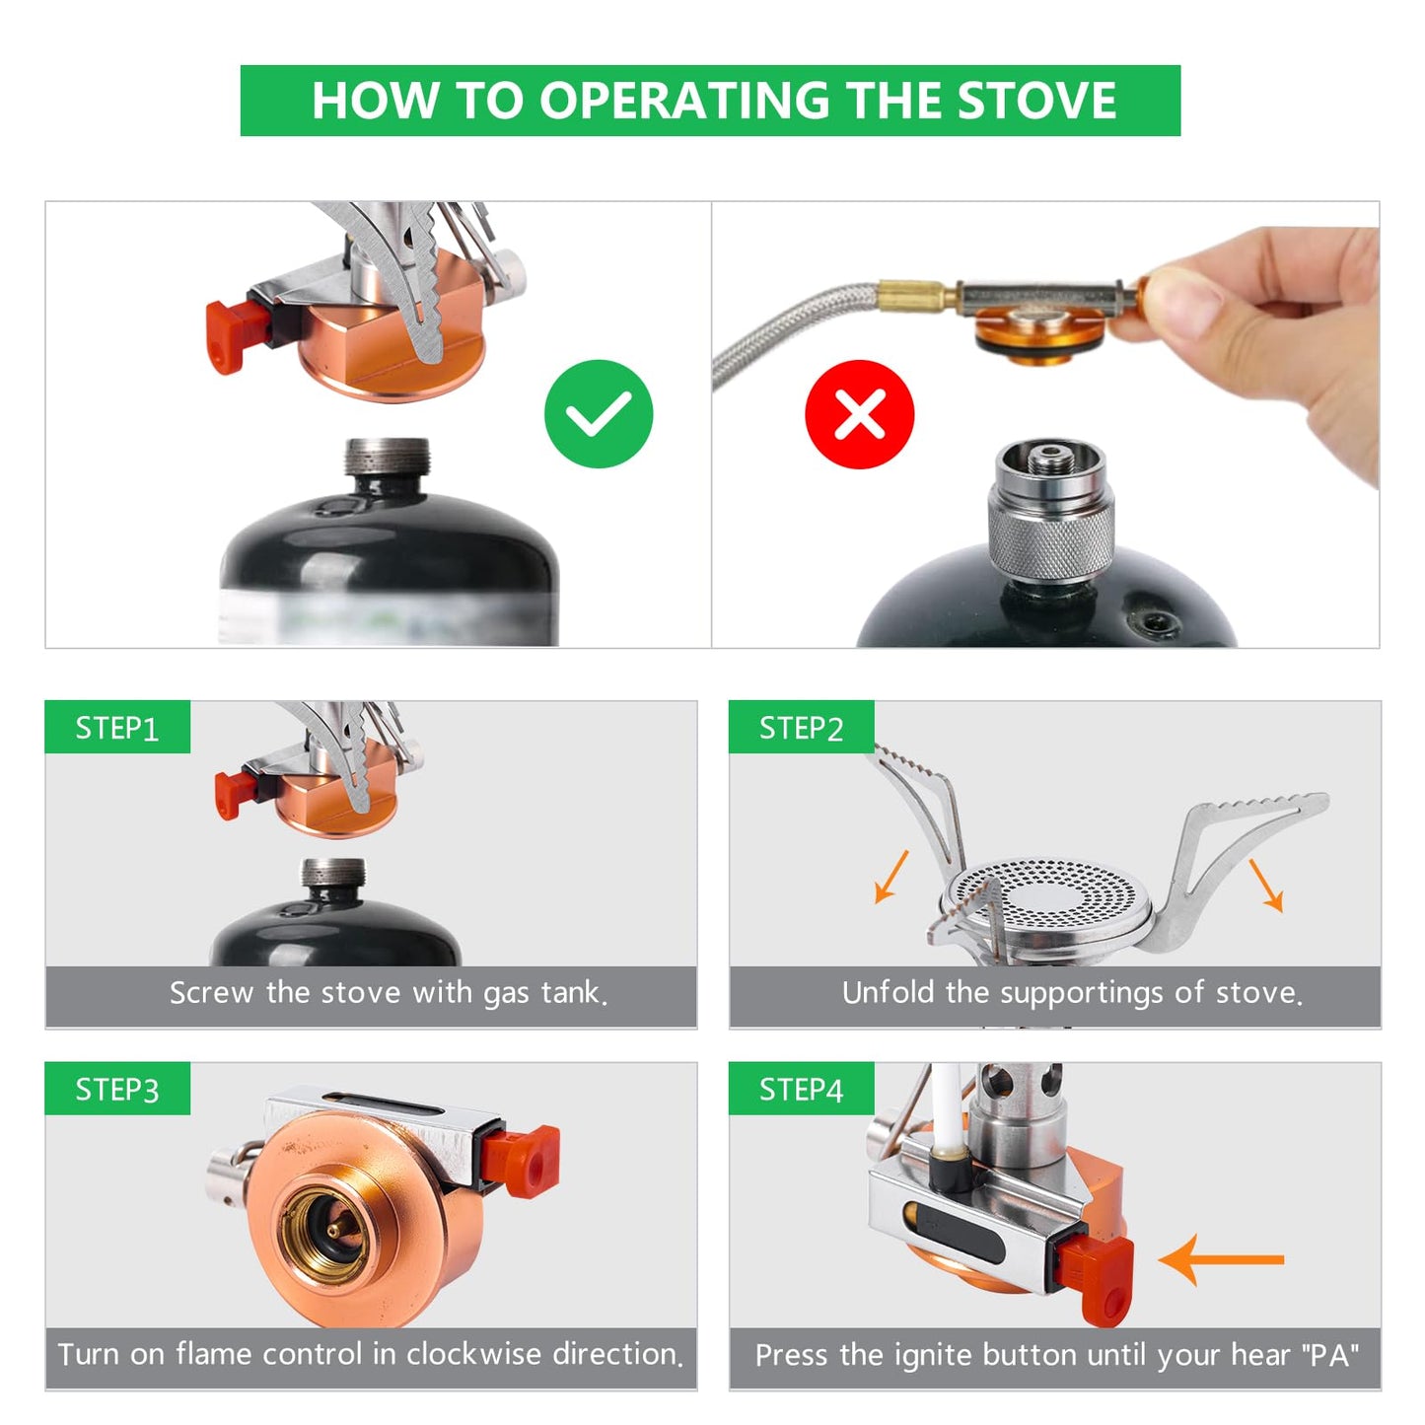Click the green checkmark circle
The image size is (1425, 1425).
599,413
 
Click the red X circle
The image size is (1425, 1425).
859,413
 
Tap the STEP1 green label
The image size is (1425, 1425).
116,728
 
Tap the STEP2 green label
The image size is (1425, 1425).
801,728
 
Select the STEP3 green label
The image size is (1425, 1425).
116,1090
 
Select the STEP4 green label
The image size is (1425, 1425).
801,1090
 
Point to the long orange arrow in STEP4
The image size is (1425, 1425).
1223,1259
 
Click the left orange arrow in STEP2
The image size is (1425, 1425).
891,877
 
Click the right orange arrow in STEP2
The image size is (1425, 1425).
1266,885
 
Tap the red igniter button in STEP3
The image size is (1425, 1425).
523,1161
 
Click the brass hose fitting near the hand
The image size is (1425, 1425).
914,293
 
